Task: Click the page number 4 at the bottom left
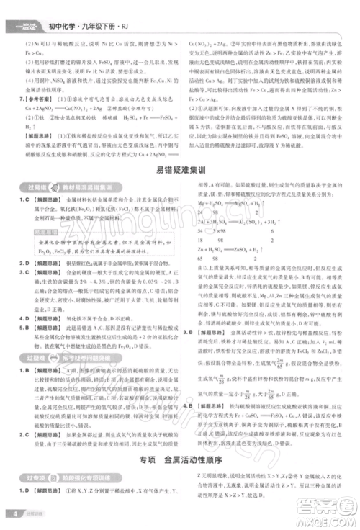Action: pos(14,513)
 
